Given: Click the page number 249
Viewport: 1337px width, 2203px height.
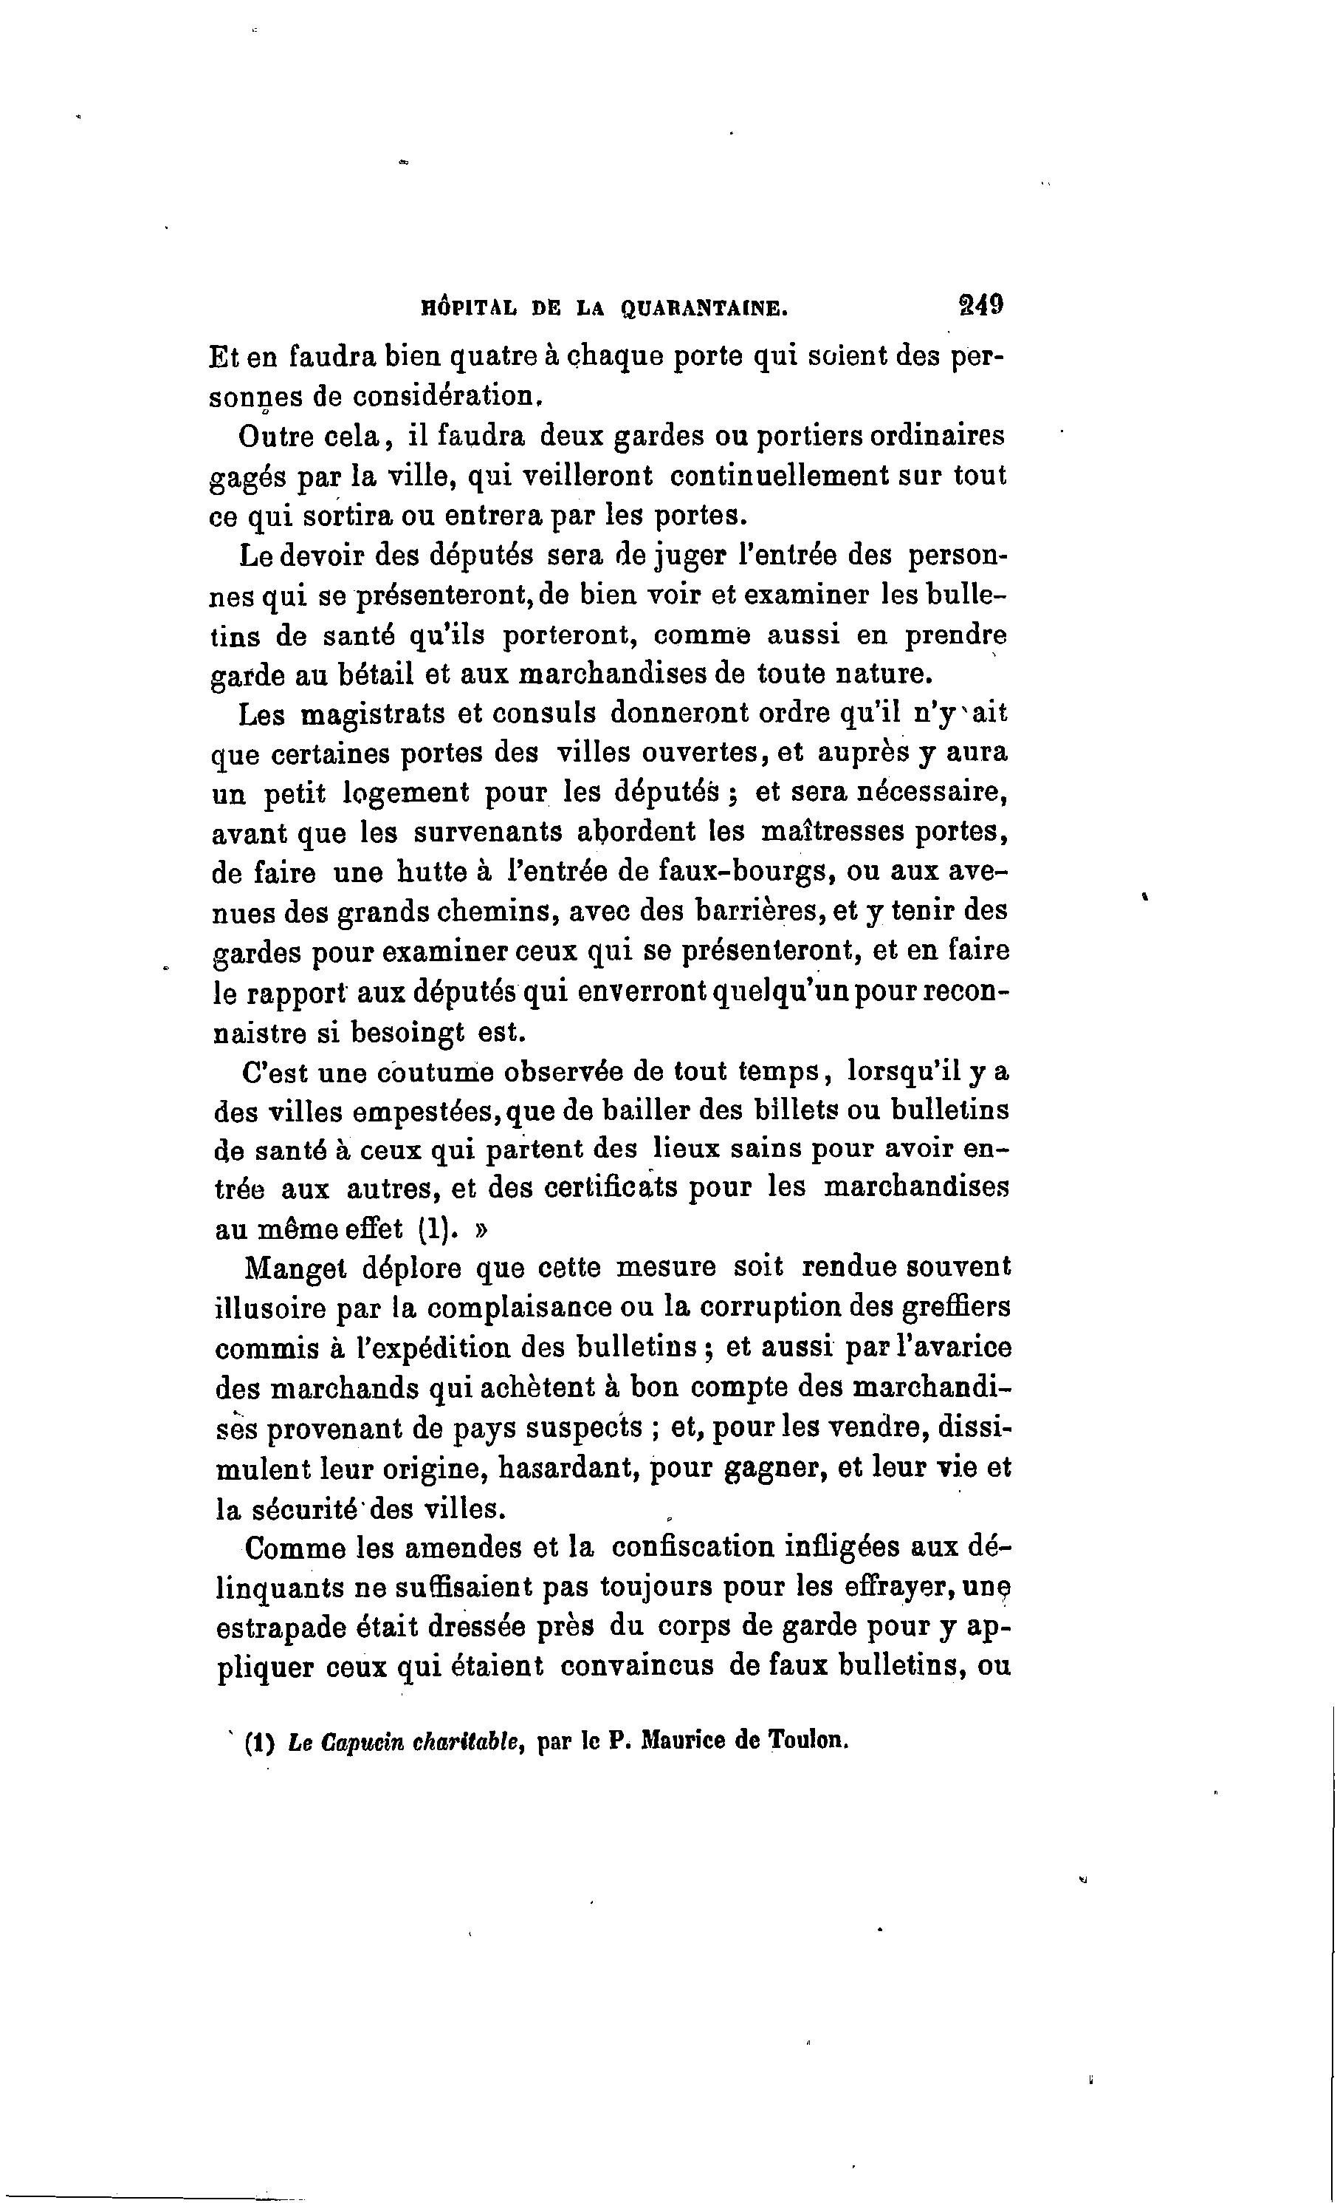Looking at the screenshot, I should (979, 305).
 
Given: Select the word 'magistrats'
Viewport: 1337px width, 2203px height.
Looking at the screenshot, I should (373, 714).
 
